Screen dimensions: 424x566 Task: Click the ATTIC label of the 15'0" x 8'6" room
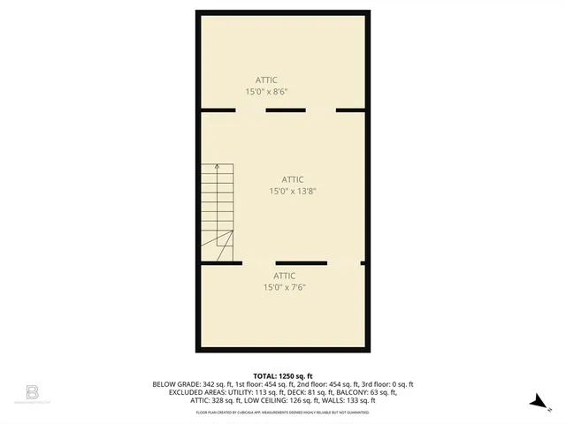click(266, 80)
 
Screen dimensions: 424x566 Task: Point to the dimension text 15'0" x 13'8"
click(292, 191)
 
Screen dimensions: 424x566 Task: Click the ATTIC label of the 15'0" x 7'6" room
click(284, 276)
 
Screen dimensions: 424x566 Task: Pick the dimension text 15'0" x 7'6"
click(284, 287)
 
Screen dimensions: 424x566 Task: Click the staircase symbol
click(218, 212)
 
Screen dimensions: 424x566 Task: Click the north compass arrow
click(536, 402)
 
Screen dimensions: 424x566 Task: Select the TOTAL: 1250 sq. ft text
click(283, 376)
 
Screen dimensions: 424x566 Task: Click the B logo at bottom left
click(32, 390)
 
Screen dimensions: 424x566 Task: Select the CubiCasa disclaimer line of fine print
click(283, 412)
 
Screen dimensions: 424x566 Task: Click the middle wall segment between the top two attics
click(286, 110)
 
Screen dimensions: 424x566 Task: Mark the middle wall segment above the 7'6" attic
click(302, 263)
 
